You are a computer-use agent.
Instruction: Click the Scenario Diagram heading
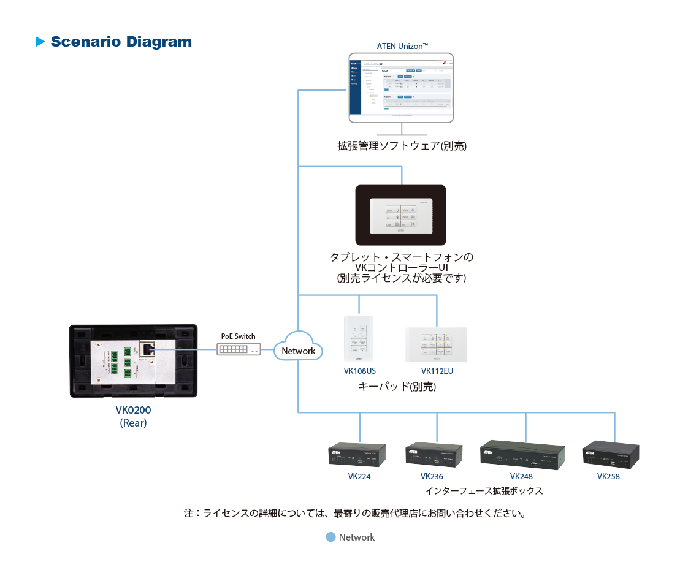[x=121, y=42]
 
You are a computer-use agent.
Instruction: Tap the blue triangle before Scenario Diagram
[x=40, y=42]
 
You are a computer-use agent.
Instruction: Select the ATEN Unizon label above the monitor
[x=402, y=46]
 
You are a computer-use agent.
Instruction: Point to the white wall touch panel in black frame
[x=401, y=216]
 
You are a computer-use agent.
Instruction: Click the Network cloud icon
[x=298, y=347]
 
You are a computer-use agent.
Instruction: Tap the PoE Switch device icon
[x=239, y=349]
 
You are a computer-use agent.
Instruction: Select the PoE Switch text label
[x=238, y=336]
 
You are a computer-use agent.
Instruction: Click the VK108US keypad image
[x=359, y=340]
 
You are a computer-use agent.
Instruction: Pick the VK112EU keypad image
[x=437, y=344]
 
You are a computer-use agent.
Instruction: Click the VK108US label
[x=359, y=371]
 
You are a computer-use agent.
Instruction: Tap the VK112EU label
[x=437, y=371]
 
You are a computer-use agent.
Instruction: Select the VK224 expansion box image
[x=357, y=454]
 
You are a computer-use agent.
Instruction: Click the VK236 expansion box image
[x=434, y=455]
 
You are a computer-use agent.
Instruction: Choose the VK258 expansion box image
[x=611, y=454]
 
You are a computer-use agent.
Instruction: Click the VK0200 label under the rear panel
[x=133, y=410]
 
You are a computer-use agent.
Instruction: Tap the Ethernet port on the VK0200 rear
[x=148, y=349]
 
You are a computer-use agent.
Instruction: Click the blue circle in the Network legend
[x=330, y=537]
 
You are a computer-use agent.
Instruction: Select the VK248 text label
[x=521, y=476]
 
